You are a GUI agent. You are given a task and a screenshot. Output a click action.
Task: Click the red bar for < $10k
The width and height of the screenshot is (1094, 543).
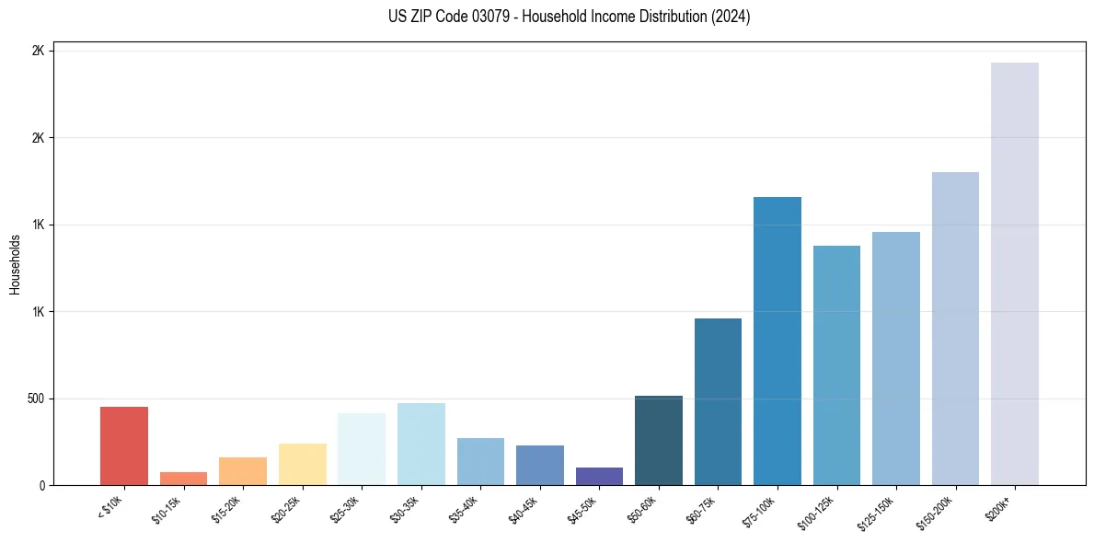[124, 445]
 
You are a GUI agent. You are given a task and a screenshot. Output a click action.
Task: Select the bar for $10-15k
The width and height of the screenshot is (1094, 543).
[183, 479]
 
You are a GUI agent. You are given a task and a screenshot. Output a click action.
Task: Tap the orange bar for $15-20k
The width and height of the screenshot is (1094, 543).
[243, 471]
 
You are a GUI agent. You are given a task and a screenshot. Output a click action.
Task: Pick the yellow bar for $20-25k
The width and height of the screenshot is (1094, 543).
[303, 464]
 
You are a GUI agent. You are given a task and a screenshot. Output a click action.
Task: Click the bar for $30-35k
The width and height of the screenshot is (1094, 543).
[421, 444]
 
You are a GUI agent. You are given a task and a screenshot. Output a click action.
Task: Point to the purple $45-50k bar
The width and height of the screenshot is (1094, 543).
[599, 476]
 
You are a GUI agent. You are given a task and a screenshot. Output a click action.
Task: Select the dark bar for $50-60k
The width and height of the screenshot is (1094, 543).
[659, 440]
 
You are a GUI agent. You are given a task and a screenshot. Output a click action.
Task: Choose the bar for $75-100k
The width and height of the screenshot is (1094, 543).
[777, 341]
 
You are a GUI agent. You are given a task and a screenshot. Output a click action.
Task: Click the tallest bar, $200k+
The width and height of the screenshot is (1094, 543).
[1015, 273]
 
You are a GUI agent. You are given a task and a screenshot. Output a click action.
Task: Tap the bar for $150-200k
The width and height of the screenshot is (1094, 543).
[955, 329]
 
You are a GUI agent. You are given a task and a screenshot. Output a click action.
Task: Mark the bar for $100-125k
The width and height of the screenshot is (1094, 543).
[836, 365]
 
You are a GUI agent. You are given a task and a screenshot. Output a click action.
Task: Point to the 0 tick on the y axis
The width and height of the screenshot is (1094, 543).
[41, 485]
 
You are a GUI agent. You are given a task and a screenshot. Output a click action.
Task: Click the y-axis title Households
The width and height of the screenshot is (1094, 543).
[15, 264]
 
